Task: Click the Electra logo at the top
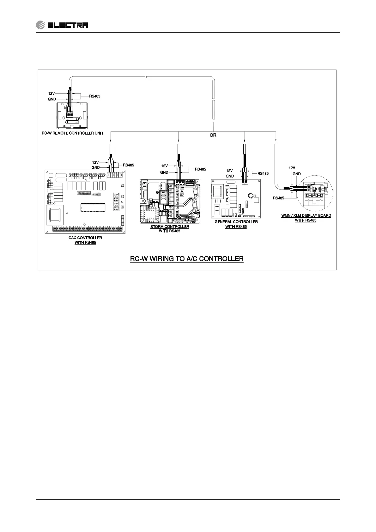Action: [62, 25]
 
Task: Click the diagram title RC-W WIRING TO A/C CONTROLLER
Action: [187, 259]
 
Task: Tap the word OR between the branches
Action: [213, 135]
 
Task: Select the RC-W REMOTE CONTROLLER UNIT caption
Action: [72, 133]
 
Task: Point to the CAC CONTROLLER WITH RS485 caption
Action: [85, 240]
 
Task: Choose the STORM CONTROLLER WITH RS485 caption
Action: [170, 229]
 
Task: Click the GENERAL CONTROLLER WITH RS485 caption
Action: [236, 224]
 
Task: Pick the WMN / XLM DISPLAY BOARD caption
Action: [306, 218]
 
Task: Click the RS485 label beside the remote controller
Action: [95, 96]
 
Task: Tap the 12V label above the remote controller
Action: [52, 94]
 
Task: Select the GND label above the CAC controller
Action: [96, 167]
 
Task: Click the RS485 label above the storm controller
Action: [200, 169]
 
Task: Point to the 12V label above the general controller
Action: [229, 171]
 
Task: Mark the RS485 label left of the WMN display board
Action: [278, 198]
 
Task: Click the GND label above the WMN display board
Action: [296, 174]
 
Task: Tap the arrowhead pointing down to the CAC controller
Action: [110, 141]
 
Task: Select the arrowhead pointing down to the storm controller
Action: [179, 141]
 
